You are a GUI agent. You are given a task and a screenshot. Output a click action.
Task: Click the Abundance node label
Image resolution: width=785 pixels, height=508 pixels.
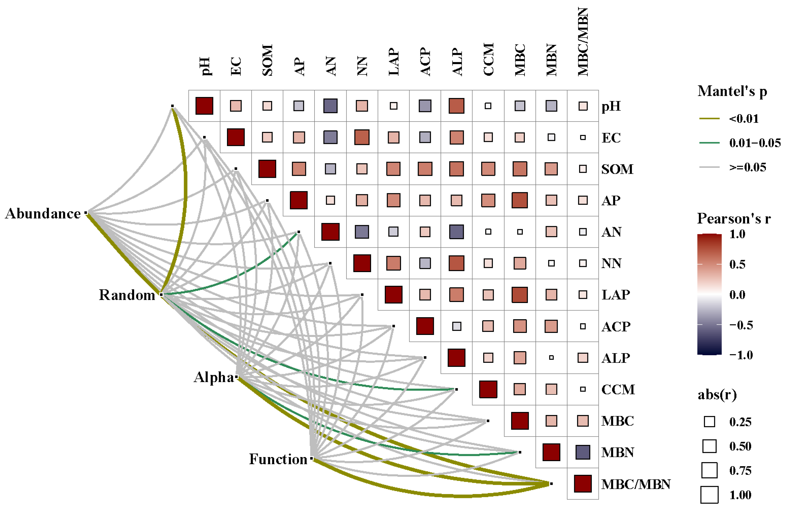pos(43,214)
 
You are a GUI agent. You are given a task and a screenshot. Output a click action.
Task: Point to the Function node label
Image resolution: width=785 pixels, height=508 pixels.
pos(278,459)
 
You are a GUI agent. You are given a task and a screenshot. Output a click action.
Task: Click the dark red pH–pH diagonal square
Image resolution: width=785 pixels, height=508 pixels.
pos(204,106)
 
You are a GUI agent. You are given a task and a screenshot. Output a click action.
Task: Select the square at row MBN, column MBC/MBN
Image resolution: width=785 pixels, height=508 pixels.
pos(582,452)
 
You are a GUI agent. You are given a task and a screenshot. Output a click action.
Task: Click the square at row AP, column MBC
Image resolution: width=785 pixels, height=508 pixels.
pos(519,200)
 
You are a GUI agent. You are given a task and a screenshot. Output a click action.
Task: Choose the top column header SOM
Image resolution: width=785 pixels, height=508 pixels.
pos(267,60)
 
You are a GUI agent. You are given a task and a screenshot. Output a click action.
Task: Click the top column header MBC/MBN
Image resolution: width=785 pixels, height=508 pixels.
pos(583,42)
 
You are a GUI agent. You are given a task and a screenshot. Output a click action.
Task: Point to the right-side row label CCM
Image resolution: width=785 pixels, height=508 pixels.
pos(618,390)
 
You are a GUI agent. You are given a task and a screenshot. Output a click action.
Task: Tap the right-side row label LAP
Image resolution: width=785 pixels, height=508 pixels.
pos(616,295)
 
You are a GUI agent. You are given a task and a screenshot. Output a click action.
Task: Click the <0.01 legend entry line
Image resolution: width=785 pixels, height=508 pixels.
pos(709,118)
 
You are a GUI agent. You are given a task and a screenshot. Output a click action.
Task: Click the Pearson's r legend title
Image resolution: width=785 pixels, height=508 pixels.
pos(734,218)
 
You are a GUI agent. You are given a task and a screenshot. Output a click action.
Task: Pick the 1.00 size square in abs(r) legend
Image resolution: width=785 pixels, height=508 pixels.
pos(709,495)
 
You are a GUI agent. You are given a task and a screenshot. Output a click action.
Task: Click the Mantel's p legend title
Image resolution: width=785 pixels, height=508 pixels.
pos(732,91)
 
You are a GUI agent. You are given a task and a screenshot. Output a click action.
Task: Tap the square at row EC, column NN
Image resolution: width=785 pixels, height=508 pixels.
pos(362,137)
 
